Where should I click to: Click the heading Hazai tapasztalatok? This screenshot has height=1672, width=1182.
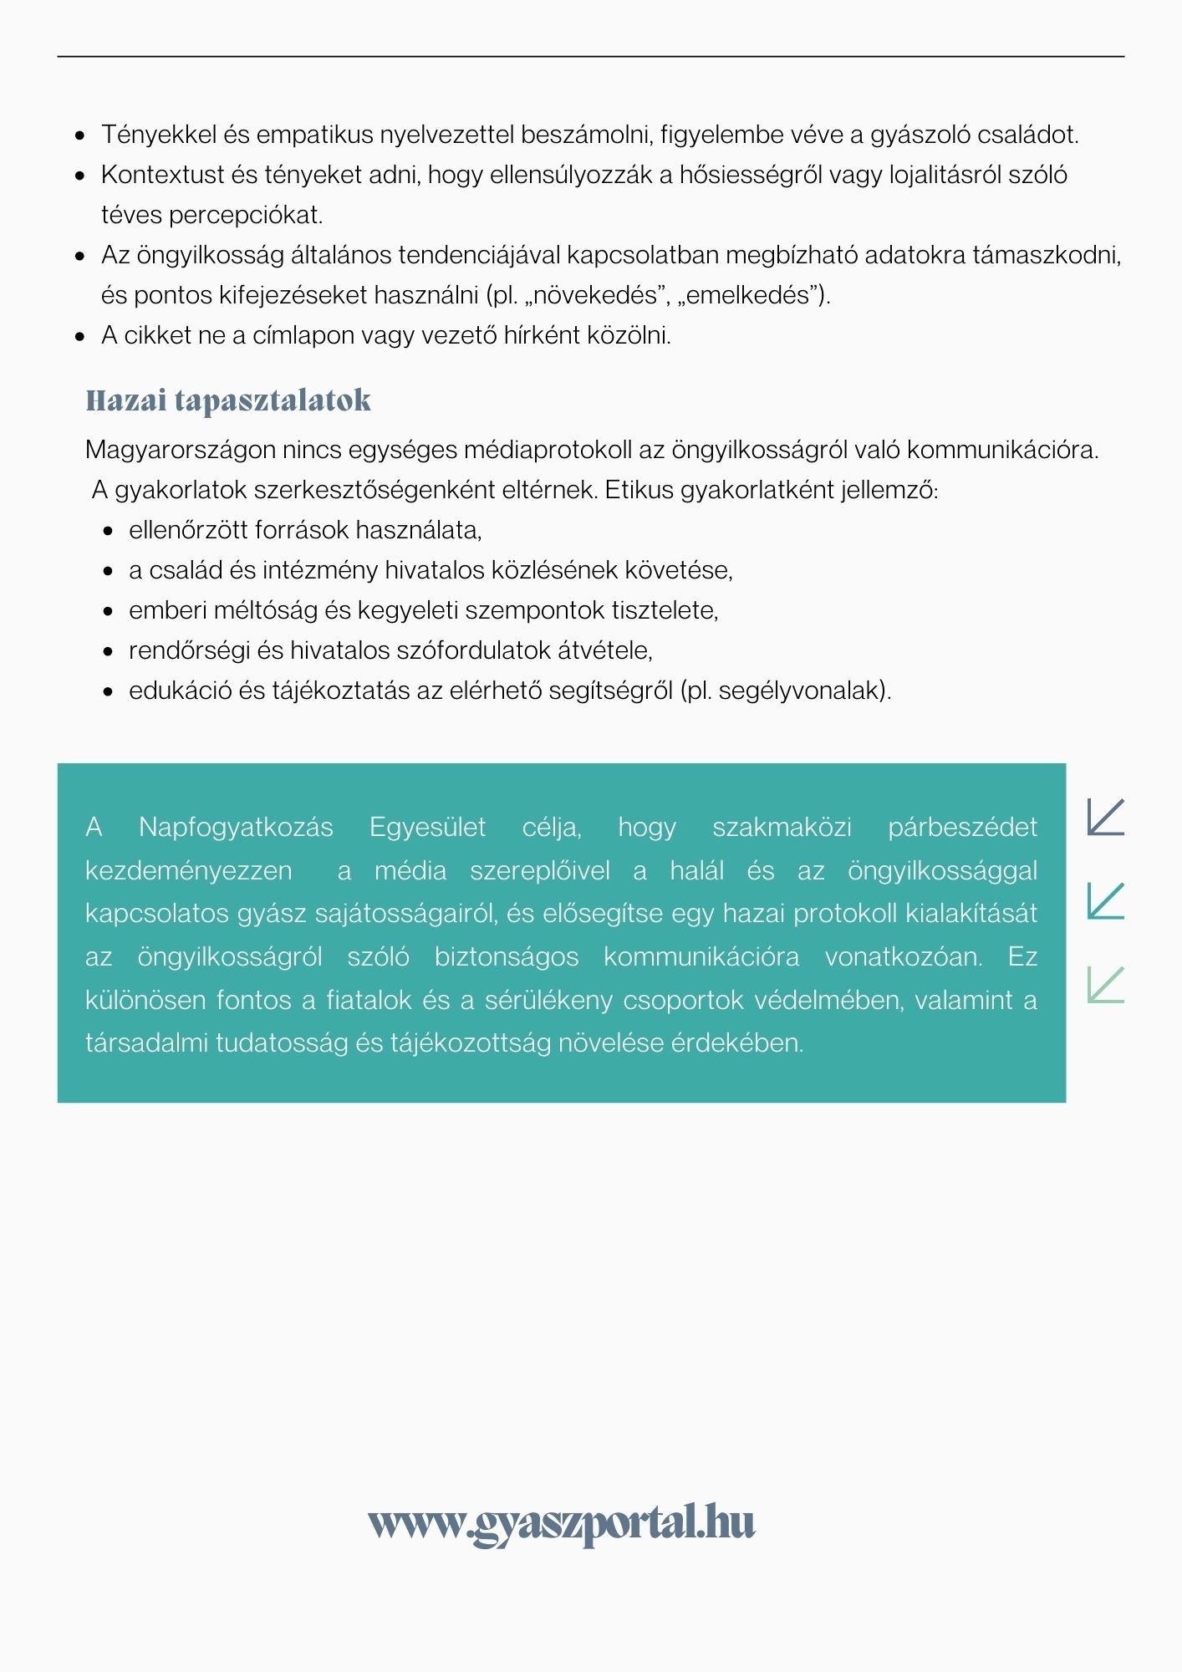[x=228, y=400]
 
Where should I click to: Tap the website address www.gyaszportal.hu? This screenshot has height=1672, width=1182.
[x=562, y=1523]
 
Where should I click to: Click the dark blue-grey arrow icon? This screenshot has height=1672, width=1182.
[x=1105, y=817]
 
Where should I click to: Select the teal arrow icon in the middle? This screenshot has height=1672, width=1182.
[x=1105, y=901]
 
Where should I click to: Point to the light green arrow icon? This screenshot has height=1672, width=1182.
[x=1105, y=985]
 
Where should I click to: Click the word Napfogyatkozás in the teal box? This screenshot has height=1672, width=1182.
[x=236, y=827]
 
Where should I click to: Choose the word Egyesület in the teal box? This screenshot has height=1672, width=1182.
[x=427, y=827]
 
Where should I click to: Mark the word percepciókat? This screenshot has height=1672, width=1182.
[x=246, y=215]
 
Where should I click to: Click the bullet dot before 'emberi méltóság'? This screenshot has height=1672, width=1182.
[x=108, y=611]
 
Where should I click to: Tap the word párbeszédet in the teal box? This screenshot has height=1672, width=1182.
[x=962, y=827]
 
